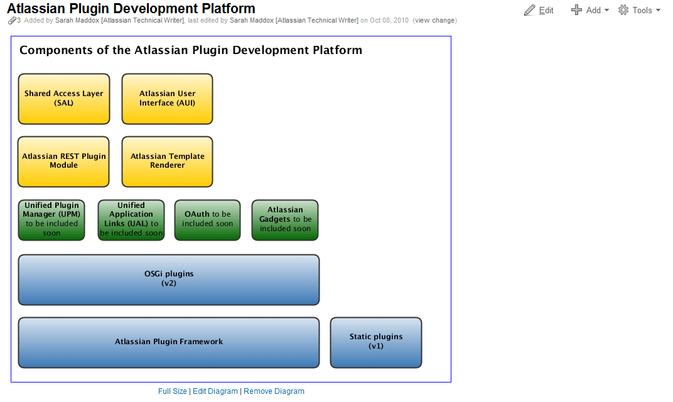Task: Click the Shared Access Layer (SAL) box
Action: tap(64, 99)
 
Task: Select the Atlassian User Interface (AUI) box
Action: tap(168, 99)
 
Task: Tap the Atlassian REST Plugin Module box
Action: tap(63, 161)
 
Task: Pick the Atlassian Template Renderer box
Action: tap(168, 161)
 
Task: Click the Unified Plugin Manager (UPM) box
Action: tap(51, 220)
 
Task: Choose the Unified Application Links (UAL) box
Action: tap(131, 220)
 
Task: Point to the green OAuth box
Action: tap(207, 220)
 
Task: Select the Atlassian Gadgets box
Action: tap(285, 220)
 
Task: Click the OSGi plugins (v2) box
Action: tap(169, 280)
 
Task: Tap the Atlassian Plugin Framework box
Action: tap(169, 342)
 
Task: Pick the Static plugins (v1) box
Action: tap(376, 342)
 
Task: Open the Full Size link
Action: tap(173, 391)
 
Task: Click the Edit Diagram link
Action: tap(215, 391)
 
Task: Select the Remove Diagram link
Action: tap(274, 391)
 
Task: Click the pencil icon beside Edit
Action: tap(530, 10)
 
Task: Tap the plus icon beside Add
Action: tap(576, 10)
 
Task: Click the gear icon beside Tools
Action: tap(623, 10)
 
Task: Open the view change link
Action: tap(435, 20)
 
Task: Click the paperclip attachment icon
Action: tap(12, 20)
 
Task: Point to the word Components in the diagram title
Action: tap(57, 51)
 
